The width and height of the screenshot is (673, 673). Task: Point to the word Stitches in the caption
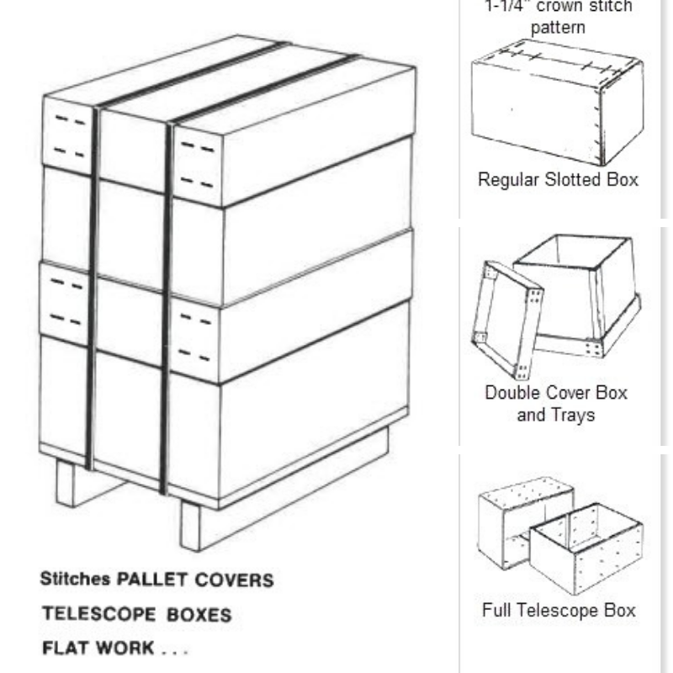tap(74, 580)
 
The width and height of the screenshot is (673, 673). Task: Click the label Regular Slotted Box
tap(558, 179)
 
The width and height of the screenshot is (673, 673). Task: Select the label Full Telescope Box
tap(559, 610)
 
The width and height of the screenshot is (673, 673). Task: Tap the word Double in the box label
tap(512, 393)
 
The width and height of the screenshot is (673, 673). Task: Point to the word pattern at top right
tap(558, 28)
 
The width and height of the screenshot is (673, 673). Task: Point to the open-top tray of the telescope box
tap(588, 547)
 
